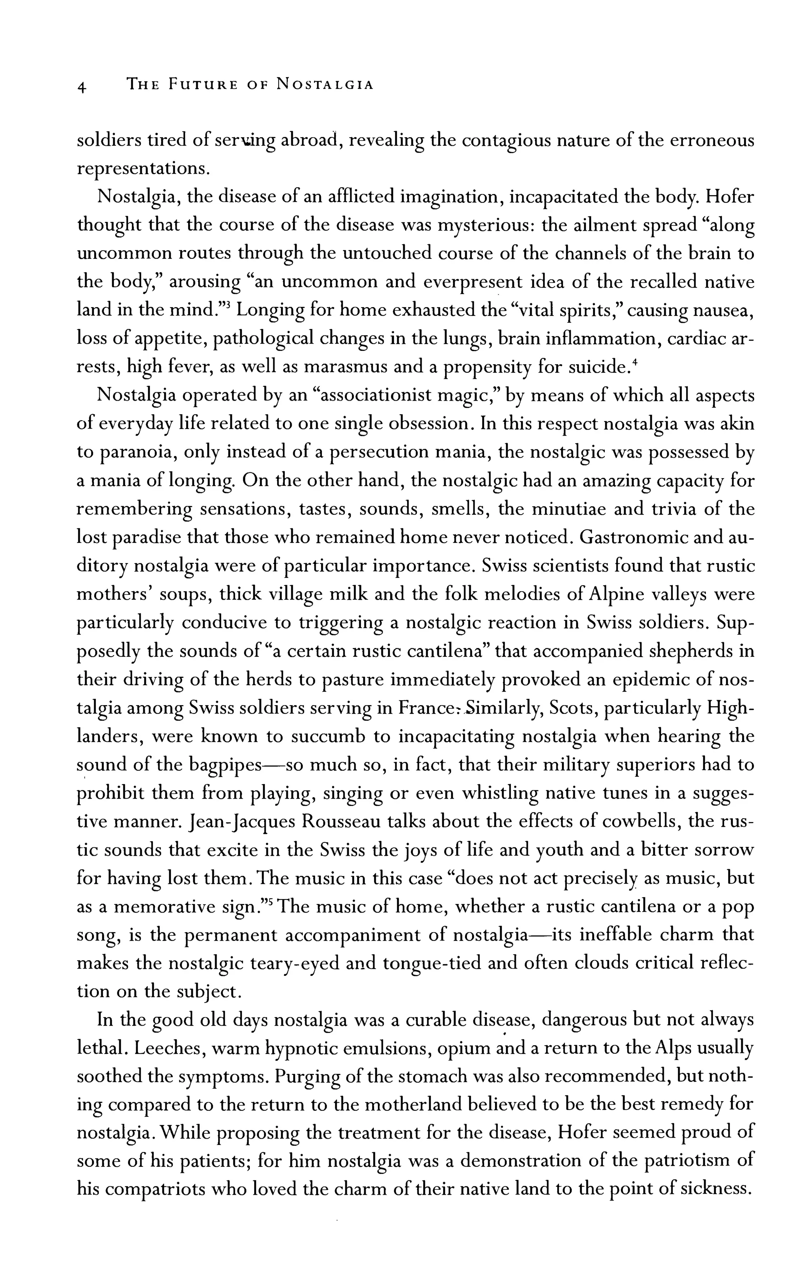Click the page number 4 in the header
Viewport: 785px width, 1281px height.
(x=82, y=86)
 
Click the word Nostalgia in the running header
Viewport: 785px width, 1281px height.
(x=325, y=84)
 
